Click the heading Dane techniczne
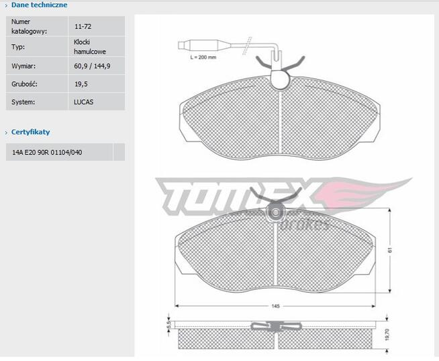click(39, 5)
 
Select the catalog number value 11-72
click(83, 27)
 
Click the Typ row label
click(18, 46)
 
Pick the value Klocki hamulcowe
click(89, 46)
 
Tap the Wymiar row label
click(23, 66)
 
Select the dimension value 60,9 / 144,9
click(93, 66)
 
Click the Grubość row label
click(24, 84)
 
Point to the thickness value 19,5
click(81, 84)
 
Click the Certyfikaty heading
click(31, 132)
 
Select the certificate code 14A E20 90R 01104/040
click(47, 152)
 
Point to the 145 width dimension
click(275, 306)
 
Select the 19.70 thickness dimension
click(387, 334)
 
